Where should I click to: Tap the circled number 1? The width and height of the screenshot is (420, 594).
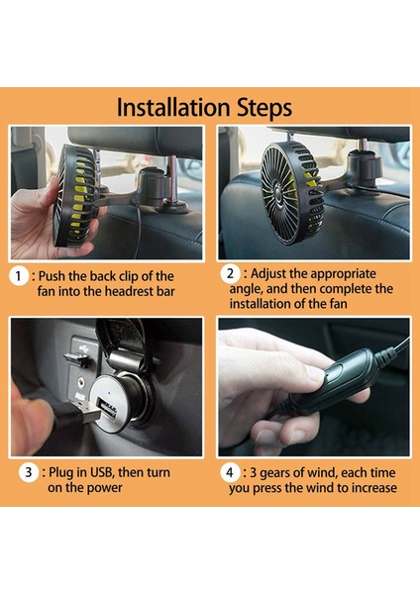[x=20, y=276]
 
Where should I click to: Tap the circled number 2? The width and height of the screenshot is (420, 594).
[x=230, y=273]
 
